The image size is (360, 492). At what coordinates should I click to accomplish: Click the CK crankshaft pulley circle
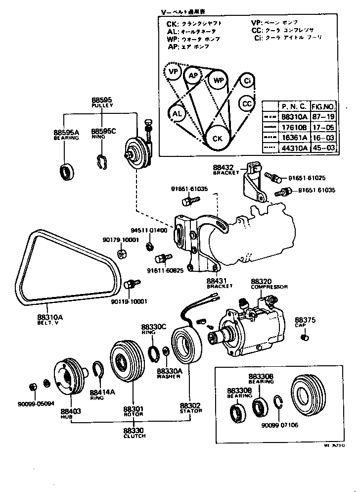pyautogui.click(x=217, y=138)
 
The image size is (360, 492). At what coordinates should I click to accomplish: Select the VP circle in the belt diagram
pyautogui.click(x=173, y=72)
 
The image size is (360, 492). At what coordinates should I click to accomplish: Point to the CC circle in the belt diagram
pyautogui.click(x=247, y=103)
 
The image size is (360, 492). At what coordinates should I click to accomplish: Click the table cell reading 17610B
pyautogui.click(x=294, y=127)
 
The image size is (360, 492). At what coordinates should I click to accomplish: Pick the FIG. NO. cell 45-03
pyautogui.click(x=325, y=148)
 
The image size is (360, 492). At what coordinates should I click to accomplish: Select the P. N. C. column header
pyautogui.click(x=294, y=106)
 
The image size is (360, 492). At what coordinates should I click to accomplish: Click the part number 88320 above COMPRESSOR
pyautogui.click(x=262, y=280)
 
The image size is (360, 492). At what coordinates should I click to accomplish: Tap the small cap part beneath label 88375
pyautogui.click(x=305, y=338)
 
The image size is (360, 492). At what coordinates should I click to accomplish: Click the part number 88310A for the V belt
pyautogui.click(x=50, y=317)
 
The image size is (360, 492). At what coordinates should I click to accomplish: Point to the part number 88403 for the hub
pyautogui.click(x=71, y=411)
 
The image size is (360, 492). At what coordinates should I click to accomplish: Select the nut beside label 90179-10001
pyautogui.click(x=121, y=254)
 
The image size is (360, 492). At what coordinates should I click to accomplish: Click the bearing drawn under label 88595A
pyautogui.click(x=66, y=172)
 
